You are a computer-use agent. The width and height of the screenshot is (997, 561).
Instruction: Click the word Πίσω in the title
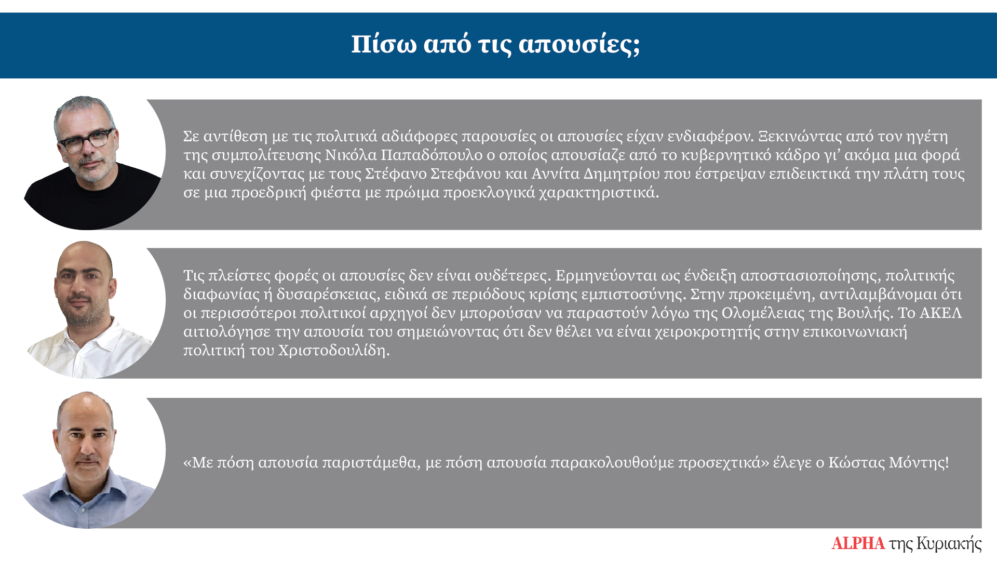(x=384, y=44)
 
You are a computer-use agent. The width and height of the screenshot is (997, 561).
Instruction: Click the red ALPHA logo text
(x=858, y=543)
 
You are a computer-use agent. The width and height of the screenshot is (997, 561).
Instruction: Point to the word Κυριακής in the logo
(x=949, y=544)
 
